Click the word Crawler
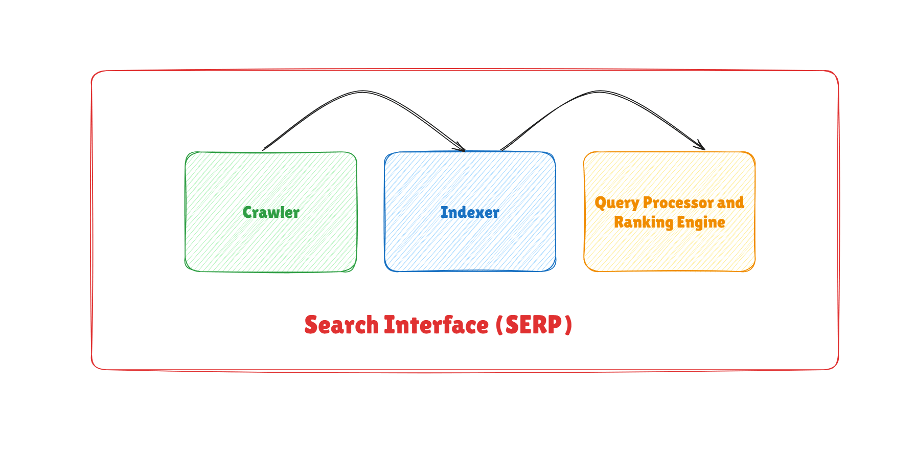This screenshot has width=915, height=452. tap(271, 212)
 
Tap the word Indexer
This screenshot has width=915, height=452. tap(470, 212)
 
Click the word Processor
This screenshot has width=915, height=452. tap(678, 202)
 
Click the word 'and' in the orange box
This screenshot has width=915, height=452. tap(730, 202)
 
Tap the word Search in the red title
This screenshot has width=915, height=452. tap(341, 325)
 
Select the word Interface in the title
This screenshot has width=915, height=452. tap(437, 325)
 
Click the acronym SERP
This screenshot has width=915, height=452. tap(534, 325)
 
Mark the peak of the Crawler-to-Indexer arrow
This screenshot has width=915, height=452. tap(362, 92)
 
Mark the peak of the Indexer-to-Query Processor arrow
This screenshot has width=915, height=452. tap(599, 92)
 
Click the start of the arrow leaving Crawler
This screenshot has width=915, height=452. tap(263, 150)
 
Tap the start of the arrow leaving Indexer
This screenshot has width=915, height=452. tap(501, 150)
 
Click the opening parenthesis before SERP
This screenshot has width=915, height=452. tap(499, 326)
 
